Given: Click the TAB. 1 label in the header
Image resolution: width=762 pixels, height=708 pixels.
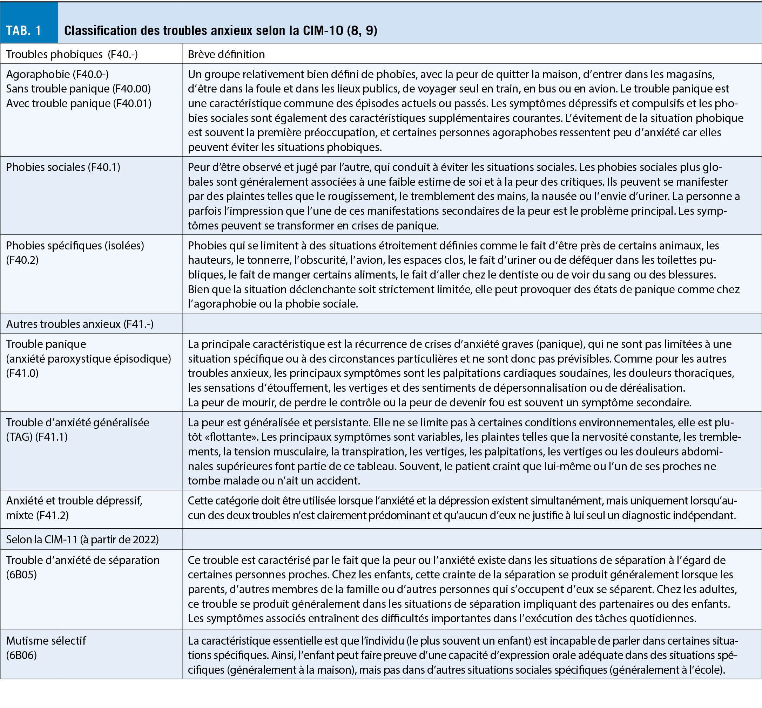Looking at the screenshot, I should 24,30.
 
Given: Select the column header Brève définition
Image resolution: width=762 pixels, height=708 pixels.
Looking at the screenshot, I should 226,54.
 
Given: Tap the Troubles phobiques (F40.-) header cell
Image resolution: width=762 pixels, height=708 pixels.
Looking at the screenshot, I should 72,54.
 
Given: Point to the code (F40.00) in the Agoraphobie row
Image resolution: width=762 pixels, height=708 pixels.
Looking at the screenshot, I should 132,89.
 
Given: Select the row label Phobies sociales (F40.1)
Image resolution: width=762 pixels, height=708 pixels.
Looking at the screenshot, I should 63,167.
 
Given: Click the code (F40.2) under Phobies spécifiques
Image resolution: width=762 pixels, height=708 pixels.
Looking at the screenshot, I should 22,260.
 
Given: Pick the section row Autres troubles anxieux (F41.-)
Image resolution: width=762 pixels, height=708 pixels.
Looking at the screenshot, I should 80,324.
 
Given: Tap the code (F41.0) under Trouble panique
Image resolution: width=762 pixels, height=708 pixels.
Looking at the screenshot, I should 22,373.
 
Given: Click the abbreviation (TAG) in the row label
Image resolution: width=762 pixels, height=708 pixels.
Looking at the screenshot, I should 19,437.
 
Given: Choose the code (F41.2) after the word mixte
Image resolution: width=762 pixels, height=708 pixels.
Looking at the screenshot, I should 53,515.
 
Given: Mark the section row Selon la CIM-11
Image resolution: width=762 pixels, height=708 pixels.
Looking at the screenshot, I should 82,539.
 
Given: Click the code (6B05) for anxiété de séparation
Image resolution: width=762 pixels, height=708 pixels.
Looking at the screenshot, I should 21,575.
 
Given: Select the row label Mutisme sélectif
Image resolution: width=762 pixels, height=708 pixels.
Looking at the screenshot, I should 46,641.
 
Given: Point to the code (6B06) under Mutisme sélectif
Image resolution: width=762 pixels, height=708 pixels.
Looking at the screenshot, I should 21,655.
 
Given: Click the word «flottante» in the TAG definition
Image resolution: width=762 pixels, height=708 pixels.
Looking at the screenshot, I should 222,437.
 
